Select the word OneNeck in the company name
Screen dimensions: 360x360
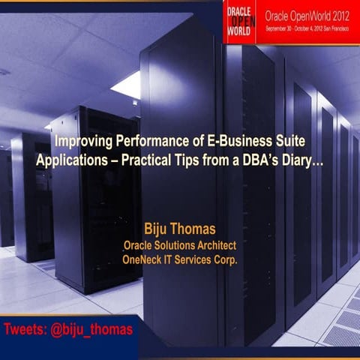click(145, 260)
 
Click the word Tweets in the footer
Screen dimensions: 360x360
click(25, 329)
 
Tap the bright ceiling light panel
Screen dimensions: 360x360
click(127, 84)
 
